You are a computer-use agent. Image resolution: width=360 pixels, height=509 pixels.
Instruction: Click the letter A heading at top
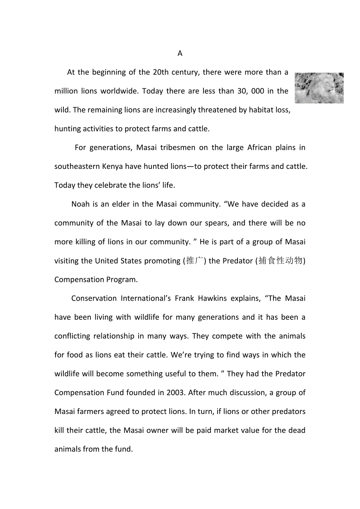tap(180, 54)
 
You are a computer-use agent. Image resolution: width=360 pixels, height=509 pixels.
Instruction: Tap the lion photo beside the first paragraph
tap(319, 88)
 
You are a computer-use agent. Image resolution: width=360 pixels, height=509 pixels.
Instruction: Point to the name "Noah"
tap(81, 204)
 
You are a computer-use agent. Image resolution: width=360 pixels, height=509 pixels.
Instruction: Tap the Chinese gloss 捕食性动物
tap(281, 261)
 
